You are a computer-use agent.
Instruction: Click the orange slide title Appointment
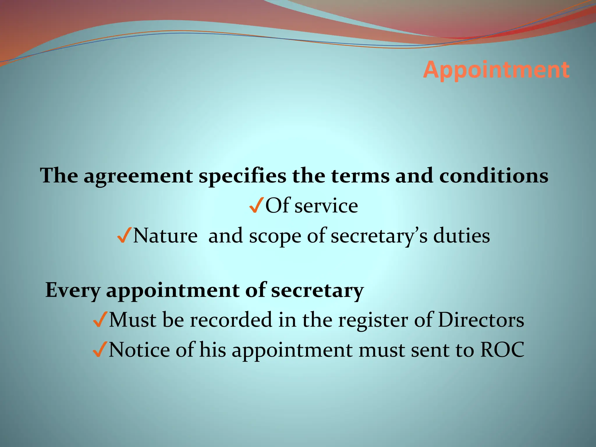[496, 70]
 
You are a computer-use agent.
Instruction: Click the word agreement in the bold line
[138, 176]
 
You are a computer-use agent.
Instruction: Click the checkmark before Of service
[256, 205]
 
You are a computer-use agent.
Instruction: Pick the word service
[326, 206]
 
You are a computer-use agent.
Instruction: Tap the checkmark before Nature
[124, 235]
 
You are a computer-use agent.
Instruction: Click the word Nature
[165, 235]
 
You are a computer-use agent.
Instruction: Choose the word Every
[73, 290]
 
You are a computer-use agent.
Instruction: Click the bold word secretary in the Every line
[317, 290]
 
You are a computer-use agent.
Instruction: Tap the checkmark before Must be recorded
[100, 320]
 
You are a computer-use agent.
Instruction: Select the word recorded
[231, 320]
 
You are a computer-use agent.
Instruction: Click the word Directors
[481, 320]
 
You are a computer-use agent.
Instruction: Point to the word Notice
[139, 350]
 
